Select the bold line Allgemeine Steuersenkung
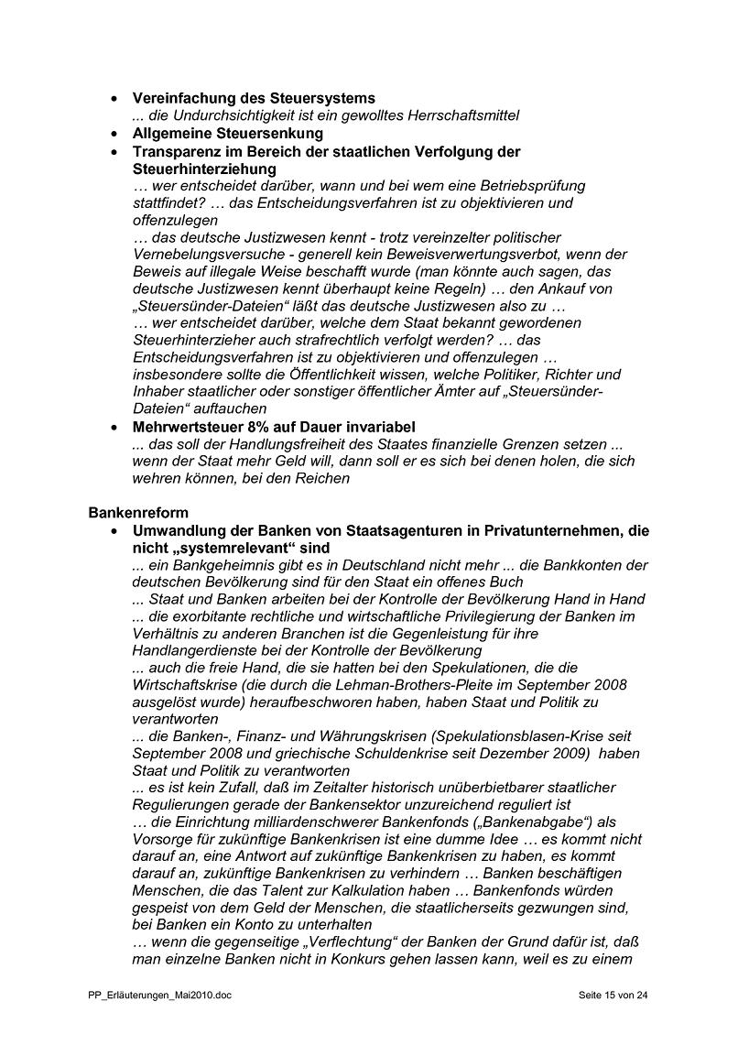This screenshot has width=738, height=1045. pyautogui.click(x=228, y=134)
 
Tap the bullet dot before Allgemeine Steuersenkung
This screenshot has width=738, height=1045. pyautogui.click(x=114, y=134)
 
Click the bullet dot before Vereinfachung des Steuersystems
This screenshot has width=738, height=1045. pyautogui.click(x=114, y=98)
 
